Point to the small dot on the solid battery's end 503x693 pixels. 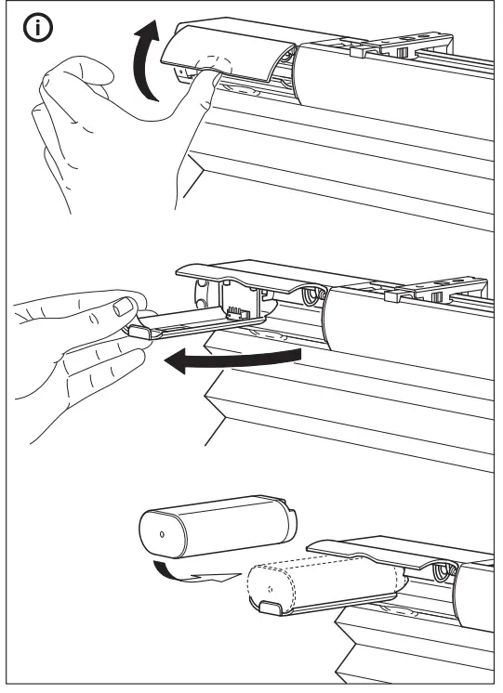coord(162,536)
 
